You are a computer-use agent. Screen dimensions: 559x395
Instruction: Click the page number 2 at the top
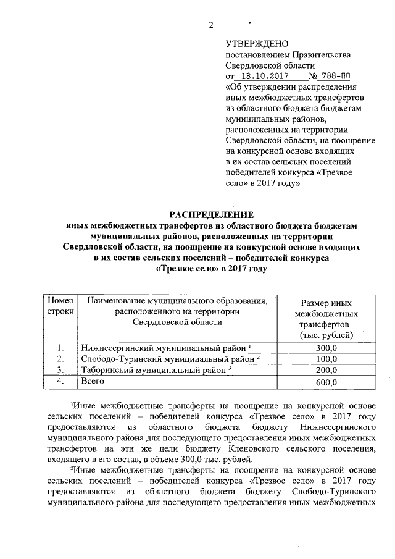[x=210, y=25]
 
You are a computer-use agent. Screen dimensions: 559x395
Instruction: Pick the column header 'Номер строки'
[x=60, y=306]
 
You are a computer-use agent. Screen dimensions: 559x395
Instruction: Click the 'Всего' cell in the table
[x=93, y=382]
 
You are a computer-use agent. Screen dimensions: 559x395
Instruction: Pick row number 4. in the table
[x=60, y=382]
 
